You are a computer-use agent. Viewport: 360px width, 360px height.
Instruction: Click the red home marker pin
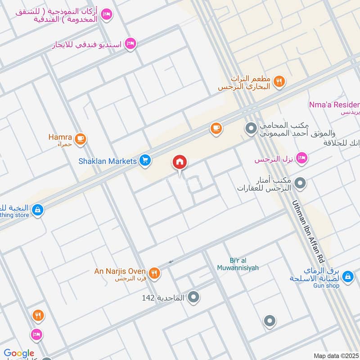click(x=180, y=162)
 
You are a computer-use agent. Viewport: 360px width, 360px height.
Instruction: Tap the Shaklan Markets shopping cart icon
click(x=144, y=160)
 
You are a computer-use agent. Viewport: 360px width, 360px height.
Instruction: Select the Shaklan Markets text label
click(x=107, y=161)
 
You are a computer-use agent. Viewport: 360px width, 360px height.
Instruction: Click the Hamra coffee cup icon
click(x=81, y=139)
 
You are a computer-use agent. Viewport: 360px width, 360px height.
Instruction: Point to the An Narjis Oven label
click(x=120, y=271)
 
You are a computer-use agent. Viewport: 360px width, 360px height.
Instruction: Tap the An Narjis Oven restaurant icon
click(x=154, y=272)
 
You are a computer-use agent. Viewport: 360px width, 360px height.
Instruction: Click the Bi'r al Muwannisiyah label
click(x=244, y=264)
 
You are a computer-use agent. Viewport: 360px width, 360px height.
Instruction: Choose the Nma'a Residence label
click(x=334, y=105)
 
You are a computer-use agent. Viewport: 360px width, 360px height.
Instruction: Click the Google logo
click(x=19, y=354)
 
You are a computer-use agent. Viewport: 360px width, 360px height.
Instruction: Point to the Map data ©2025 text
click(x=336, y=355)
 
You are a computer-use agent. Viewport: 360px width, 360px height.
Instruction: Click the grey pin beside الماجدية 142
click(x=194, y=297)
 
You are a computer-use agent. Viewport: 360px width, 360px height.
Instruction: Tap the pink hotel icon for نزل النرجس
click(x=302, y=157)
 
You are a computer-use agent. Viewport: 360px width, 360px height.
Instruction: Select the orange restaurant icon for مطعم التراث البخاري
click(x=279, y=81)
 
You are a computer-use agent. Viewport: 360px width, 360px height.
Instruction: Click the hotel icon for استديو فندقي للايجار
click(x=130, y=44)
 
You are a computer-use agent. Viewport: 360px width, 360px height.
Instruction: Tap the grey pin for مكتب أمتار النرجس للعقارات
click(x=301, y=183)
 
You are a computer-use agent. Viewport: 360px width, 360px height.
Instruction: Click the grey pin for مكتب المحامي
click(x=251, y=129)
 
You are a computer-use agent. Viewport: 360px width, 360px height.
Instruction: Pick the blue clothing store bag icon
click(x=37, y=210)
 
